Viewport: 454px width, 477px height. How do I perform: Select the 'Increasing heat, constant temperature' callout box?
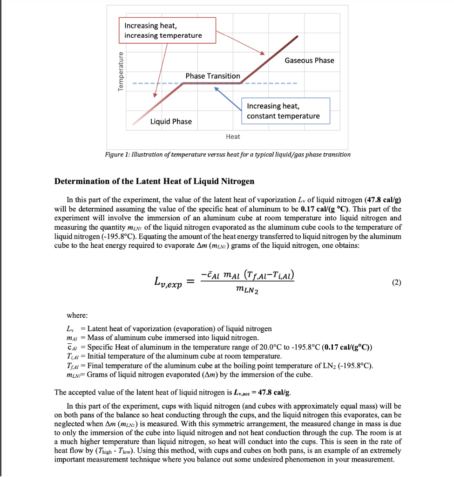[285, 111]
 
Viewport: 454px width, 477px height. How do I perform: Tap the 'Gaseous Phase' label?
[309, 60]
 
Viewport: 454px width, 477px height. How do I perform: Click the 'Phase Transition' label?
[213, 75]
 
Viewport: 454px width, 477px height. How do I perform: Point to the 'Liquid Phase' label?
[171, 121]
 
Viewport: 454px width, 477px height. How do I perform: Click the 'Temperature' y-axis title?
[122, 72]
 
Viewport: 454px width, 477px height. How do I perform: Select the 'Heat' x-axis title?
[233, 136]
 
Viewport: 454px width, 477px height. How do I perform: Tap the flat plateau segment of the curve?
[212, 83]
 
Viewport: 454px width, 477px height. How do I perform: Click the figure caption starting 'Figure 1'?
[228, 154]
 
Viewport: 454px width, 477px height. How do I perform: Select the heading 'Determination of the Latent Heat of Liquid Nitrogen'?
[154, 181]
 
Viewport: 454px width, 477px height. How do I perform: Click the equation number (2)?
[396, 282]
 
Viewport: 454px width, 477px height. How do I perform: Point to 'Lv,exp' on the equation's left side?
[167, 282]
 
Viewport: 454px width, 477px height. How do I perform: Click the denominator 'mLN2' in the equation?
[246, 292]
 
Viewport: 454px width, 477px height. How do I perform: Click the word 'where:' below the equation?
[77, 315]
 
